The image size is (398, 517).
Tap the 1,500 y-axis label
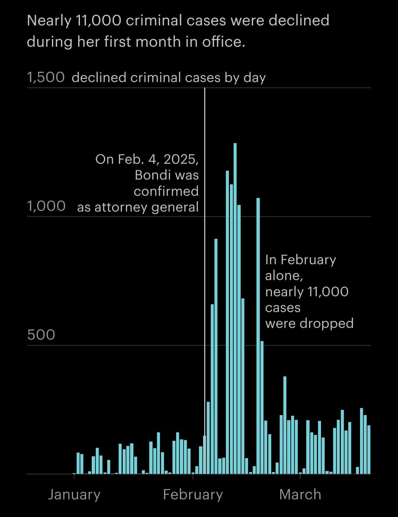tap(46, 78)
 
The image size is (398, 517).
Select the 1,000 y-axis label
tap(46, 206)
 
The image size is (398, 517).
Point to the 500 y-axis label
tap(41, 334)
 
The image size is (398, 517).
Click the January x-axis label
tap(74, 494)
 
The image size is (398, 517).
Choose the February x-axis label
tap(193, 494)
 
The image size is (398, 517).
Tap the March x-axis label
tap(300, 494)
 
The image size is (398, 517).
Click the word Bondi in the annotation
tap(151, 175)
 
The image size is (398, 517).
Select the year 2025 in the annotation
tap(180, 159)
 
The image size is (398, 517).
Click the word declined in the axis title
tap(99, 78)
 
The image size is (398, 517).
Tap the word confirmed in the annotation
tap(166, 191)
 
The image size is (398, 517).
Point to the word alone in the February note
tap(283, 276)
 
